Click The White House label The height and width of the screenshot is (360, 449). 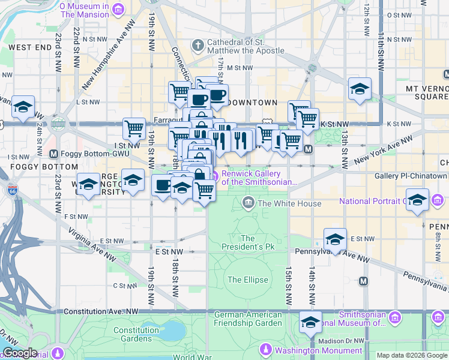(x=289, y=203)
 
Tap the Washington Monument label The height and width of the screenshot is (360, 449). (x=318, y=350)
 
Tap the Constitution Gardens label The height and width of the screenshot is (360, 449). (x=136, y=334)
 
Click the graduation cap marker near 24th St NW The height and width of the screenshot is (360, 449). (x=23, y=107)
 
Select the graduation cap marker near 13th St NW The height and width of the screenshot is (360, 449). (x=360, y=90)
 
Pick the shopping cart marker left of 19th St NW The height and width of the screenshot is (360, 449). (x=134, y=128)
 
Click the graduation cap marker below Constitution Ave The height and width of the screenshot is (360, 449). (x=310, y=323)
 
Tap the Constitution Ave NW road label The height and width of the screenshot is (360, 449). (x=100, y=311)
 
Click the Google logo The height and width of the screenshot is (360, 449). (x=19, y=353)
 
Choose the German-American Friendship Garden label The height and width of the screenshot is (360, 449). (x=248, y=319)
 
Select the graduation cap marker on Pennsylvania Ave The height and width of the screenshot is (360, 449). (x=335, y=239)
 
